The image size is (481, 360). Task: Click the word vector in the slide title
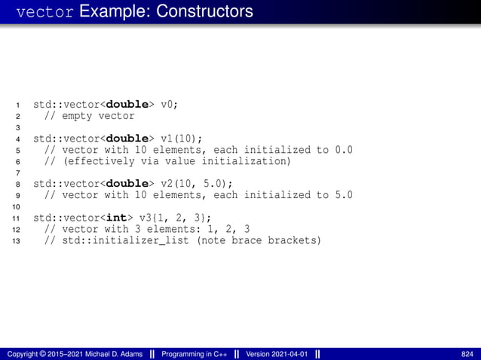[44, 13]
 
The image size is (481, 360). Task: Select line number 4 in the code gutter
[17, 139]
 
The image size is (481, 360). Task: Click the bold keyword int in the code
[118, 218]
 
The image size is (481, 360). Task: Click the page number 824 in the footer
[467, 354]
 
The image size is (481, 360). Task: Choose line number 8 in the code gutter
[17, 184]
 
